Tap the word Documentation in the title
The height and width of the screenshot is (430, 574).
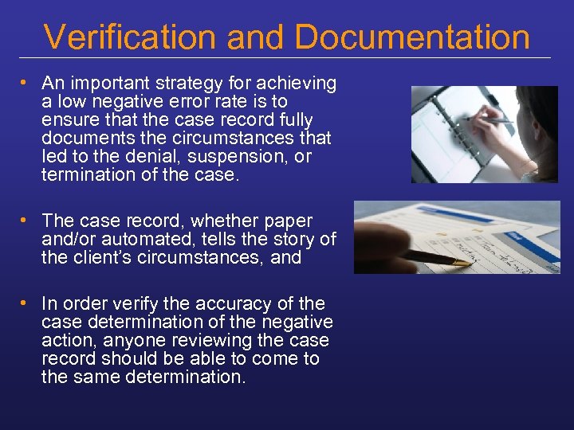(412, 37)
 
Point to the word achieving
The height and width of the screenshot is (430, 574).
(295, 83)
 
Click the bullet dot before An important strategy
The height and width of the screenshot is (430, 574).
(26, 83)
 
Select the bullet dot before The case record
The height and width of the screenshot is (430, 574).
(26, 221)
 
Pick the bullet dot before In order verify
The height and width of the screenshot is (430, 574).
(26, 303)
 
